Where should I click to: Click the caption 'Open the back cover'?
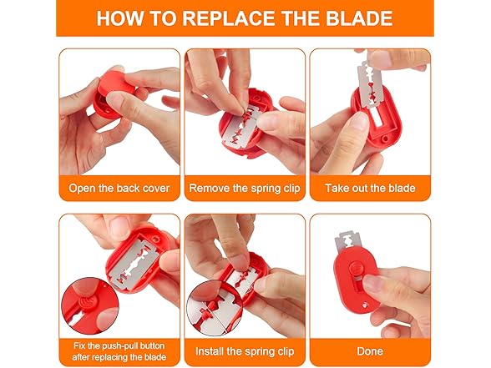click(x=119, y=188)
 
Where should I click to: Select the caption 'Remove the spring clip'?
click(x=245, y=188)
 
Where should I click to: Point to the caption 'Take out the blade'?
click(x=370, y=188)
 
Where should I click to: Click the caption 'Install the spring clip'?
click(x=245, y=351)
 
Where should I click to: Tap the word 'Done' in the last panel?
click(x=370, y=351)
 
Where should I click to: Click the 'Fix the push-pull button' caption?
click(x=119, y=345)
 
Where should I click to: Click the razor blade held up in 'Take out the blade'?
click(x=372, y=84)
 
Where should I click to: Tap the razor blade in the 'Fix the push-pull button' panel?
click(x=134, y=263)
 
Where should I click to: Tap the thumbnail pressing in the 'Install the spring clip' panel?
click(x=237, y=260)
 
